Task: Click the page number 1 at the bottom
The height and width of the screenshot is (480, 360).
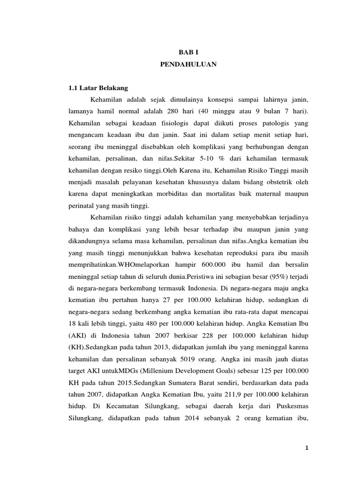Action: [306, 461]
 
